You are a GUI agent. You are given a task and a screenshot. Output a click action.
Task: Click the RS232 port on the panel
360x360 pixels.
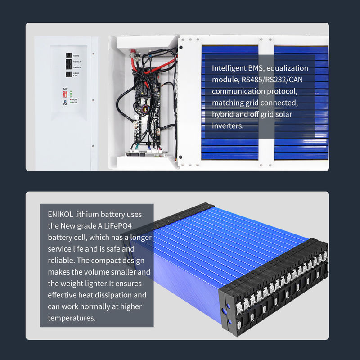pos(69,55)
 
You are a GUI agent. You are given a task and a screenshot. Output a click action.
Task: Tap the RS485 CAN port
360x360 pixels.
pos(69,74)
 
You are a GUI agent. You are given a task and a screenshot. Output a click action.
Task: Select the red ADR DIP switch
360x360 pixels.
pos(65,94)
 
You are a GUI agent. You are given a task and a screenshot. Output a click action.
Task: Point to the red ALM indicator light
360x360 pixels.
pos(71,99)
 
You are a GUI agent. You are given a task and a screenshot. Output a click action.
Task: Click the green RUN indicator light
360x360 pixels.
pos(71,103)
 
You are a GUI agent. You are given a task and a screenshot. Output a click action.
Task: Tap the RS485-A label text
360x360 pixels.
pos(77,62)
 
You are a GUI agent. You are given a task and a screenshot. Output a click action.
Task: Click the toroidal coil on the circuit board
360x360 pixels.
pos(145,109)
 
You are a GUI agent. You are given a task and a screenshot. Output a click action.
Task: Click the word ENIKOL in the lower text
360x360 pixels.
pos(60,214)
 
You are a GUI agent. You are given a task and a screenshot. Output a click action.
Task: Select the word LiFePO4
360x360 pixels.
pos(118,226)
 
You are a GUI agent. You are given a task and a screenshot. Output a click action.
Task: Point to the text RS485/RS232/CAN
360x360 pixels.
pos(272,80)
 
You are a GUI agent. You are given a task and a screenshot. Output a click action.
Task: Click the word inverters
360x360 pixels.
pos(228,126)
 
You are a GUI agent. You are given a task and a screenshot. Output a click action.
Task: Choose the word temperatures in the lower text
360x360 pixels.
pos(72,318)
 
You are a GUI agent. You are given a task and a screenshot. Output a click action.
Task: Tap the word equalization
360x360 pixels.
pos(287,68)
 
